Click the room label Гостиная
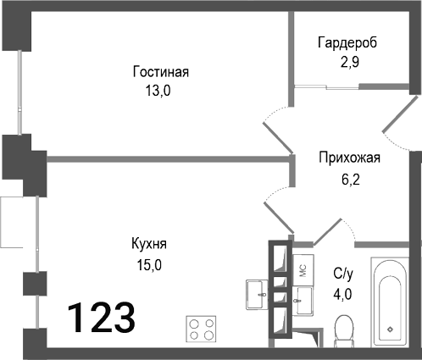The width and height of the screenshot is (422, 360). coord(160,72)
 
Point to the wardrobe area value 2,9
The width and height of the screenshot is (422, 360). coord(347,64)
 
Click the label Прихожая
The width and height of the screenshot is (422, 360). coord(349,158)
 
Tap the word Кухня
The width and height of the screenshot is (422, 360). coord(148,244)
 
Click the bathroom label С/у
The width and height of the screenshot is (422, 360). coord(343,273)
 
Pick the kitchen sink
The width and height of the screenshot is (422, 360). coord(255,294)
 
